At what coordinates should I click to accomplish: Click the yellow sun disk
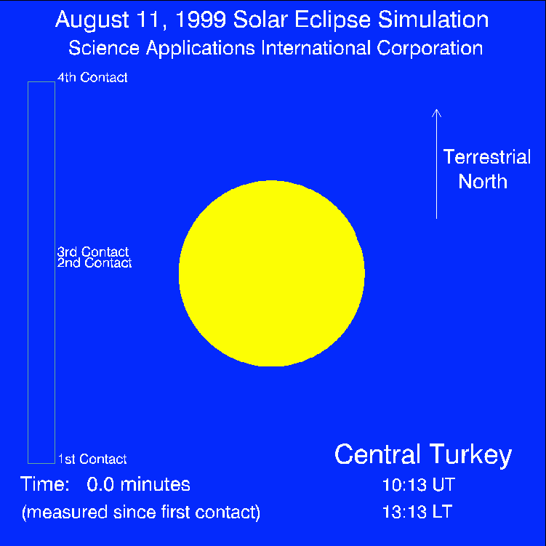pos(272,273)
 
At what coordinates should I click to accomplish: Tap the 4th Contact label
pos(92,77)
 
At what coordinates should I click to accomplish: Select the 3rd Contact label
pos(93,251)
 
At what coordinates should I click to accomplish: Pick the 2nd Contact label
pos(95,262)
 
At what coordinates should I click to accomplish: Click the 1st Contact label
pos(92,459)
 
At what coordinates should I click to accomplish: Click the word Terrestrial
pos(487,157)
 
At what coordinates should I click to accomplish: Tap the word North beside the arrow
pos(483,182)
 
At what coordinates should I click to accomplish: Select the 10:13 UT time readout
pos(419,484)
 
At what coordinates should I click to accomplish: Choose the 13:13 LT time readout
pos(417,512)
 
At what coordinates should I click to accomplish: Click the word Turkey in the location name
pos(470,455)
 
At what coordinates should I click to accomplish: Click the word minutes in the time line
pos(156,484)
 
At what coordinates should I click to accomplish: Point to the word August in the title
pos(92,20)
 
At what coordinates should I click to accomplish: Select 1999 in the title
pos(201,19)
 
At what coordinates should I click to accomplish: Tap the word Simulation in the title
pos(433,19)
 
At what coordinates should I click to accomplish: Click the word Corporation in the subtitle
pos(430,48)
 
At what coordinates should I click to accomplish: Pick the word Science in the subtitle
pos(104,48)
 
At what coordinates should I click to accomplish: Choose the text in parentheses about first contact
pos(141,513)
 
